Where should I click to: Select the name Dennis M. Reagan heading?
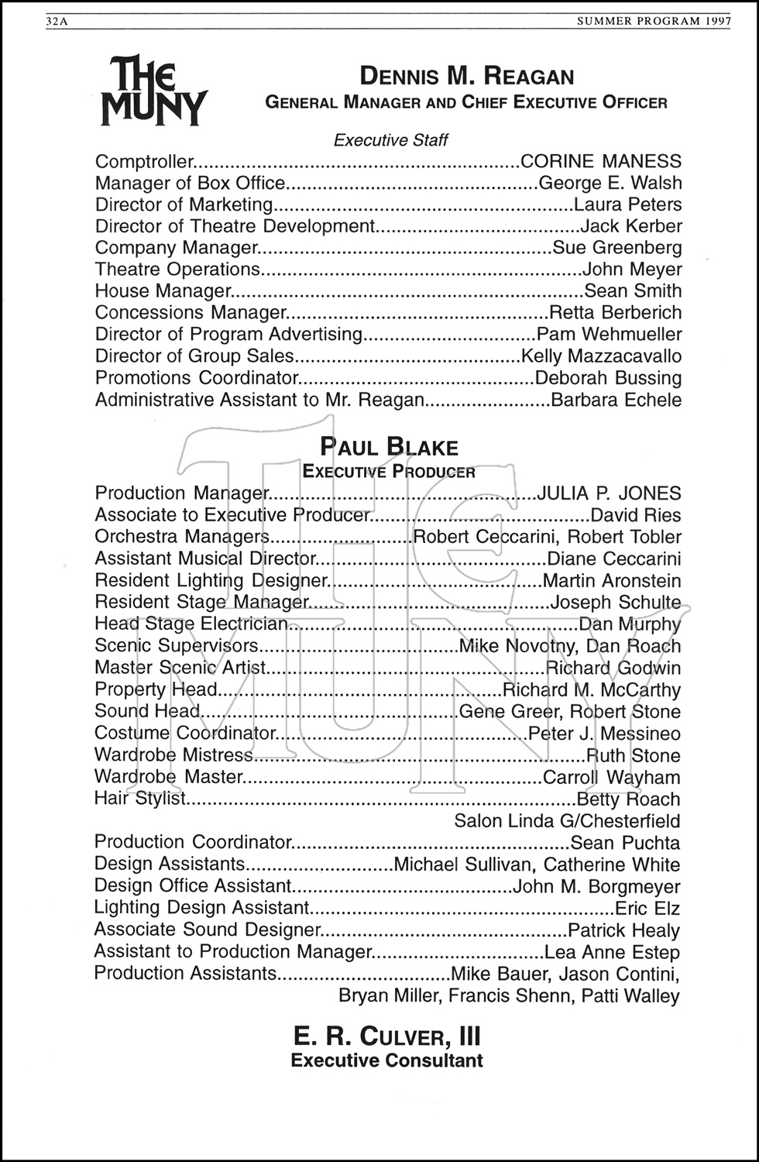(467, 77)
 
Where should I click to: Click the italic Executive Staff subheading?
(390, 140)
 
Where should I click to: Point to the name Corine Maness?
(601, 162)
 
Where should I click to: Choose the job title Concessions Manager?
(191, 313)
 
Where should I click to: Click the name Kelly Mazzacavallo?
(601, 356)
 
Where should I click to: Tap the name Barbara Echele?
(616, 401)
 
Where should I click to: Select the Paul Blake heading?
(390, 448)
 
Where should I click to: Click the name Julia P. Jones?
(609, 493)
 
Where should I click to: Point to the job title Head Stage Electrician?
(191, 624)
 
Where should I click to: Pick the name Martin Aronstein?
(612, 581)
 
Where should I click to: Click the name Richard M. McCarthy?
(592, 690)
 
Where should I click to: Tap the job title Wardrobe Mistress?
(173, 755)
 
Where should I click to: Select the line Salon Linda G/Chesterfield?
(567, 821)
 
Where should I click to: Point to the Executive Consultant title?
(387, 1061)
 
